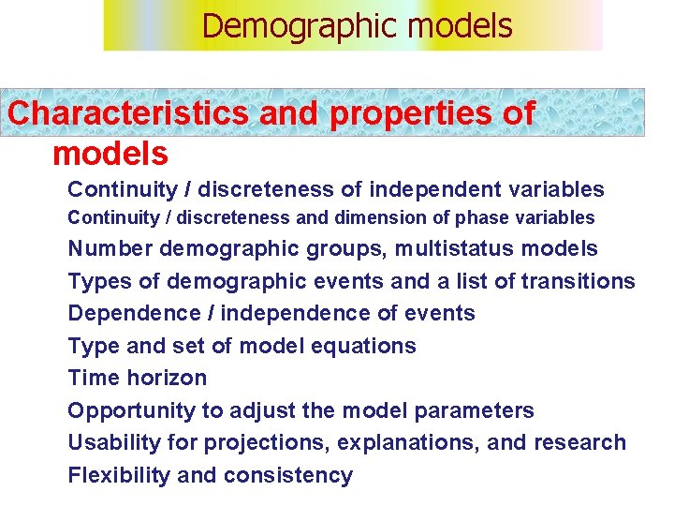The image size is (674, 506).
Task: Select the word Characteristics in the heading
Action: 127,113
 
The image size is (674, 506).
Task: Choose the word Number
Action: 110,249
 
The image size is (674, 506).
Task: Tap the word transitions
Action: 578,281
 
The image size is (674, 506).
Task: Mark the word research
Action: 579,442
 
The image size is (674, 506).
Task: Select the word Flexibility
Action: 119,475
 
